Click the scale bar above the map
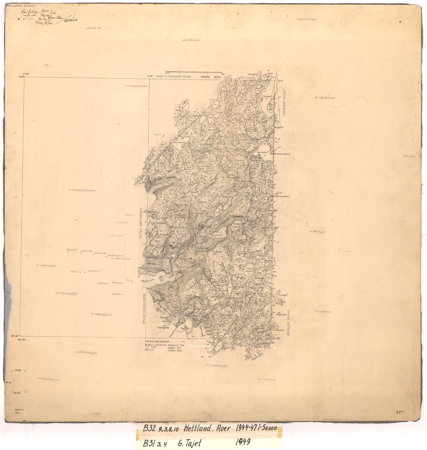(x=194, y=72)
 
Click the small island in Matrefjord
(x=162, y=278)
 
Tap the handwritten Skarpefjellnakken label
(x=85, y=190)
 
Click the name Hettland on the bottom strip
(x=197, y=428)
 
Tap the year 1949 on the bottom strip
(x=243, y=442)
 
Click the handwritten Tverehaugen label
(x=87, y=352)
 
